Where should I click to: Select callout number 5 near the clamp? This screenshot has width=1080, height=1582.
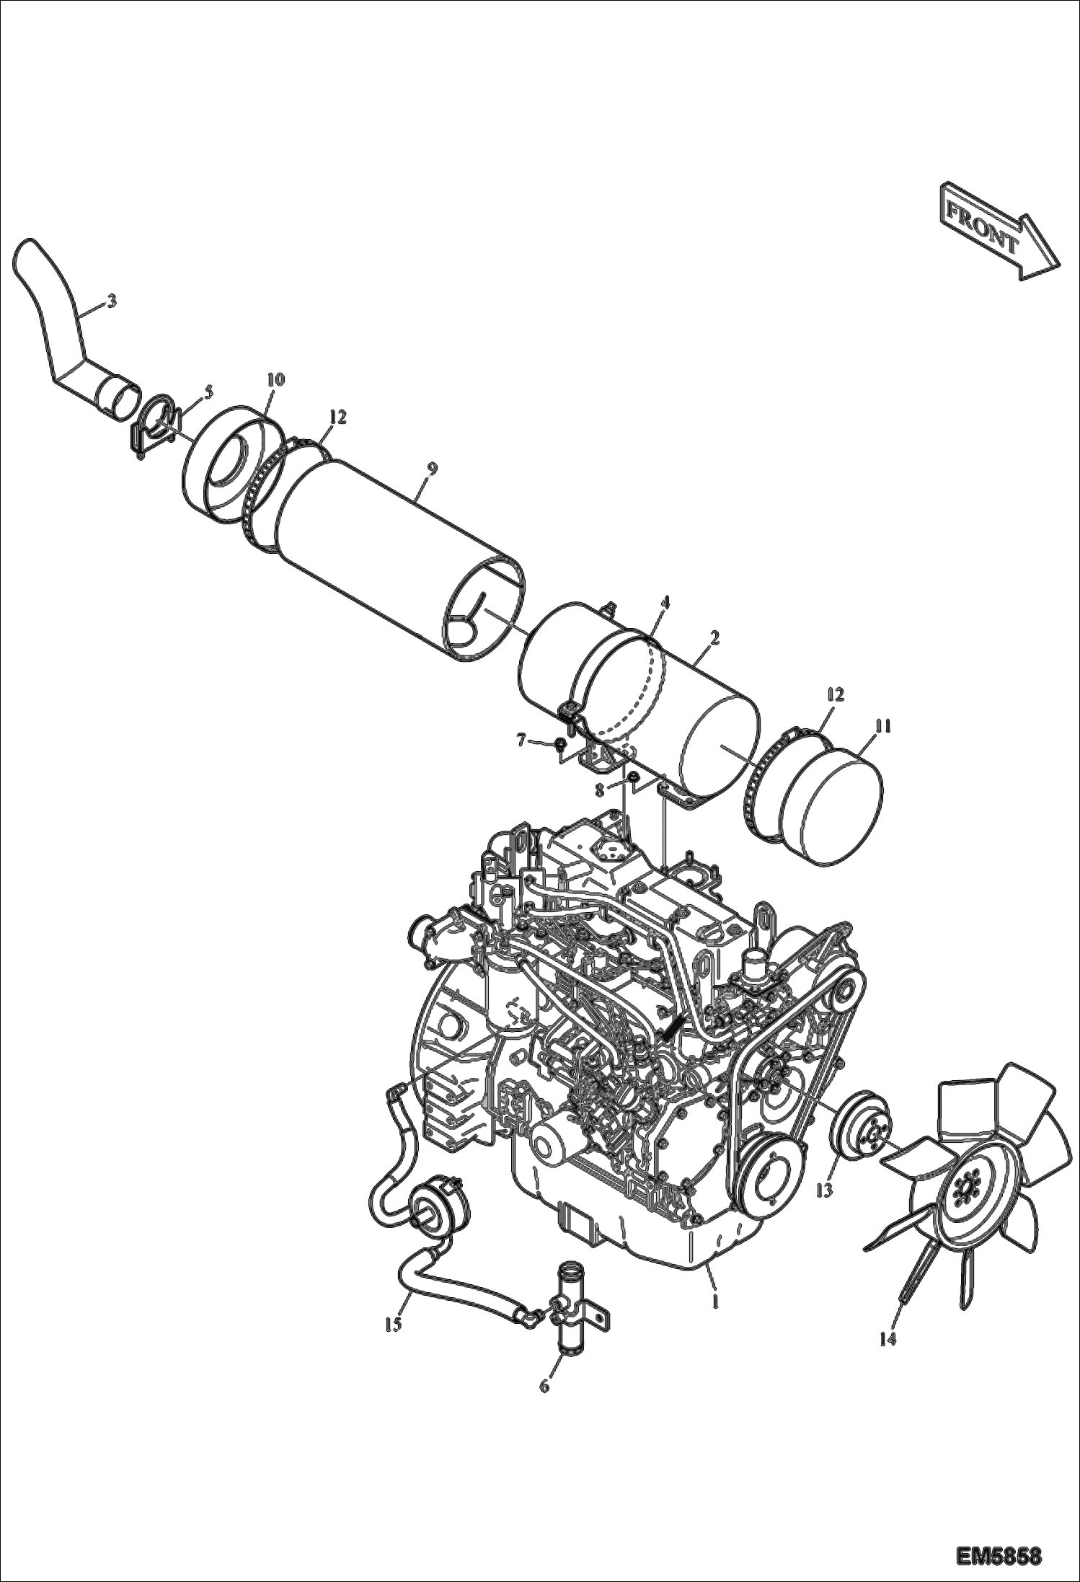point(208,392)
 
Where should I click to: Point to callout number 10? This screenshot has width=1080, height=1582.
point(275,379)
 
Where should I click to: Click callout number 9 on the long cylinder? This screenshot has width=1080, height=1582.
point(430,468)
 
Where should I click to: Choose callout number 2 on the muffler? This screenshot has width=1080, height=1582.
point(714,637)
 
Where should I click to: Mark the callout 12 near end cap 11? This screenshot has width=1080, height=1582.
point(835,695)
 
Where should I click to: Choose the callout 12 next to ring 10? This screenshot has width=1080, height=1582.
point(337,417)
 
